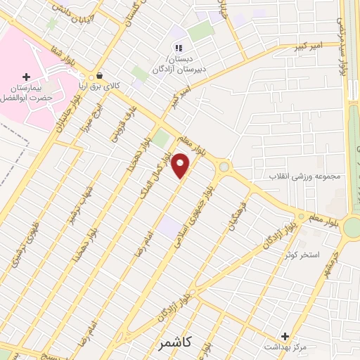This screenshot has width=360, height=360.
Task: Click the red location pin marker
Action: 181,166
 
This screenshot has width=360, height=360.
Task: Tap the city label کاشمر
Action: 172,342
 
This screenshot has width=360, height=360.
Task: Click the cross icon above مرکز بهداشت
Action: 285,336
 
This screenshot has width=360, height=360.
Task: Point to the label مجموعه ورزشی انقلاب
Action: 305,176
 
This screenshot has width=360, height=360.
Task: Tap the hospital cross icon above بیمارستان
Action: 27,76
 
